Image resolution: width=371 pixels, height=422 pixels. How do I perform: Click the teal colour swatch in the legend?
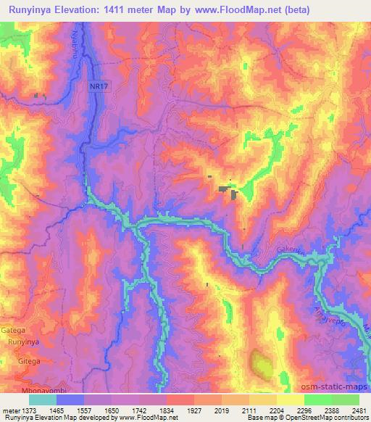click(43, 399)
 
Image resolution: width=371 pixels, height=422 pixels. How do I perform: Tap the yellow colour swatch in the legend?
click(291, 399)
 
